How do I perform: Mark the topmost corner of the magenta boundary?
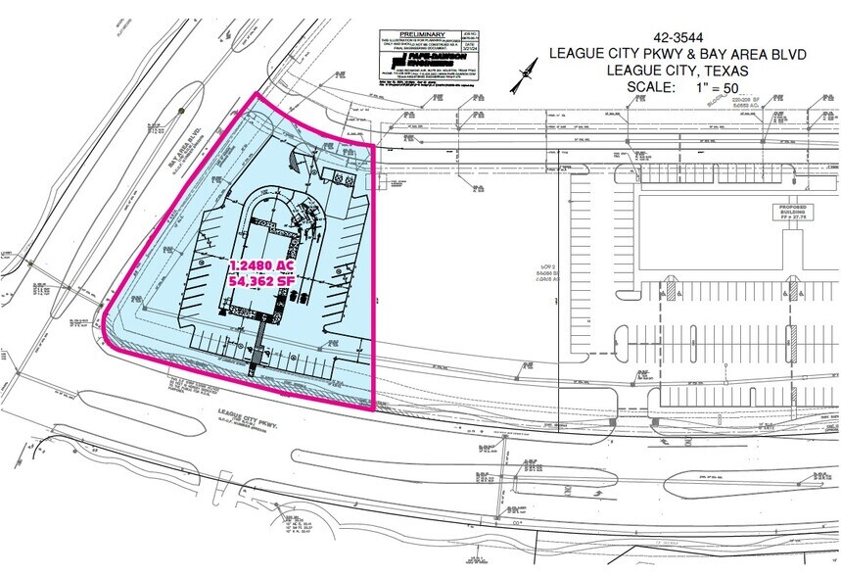(257, 94)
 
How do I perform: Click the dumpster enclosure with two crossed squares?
(336, 178)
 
